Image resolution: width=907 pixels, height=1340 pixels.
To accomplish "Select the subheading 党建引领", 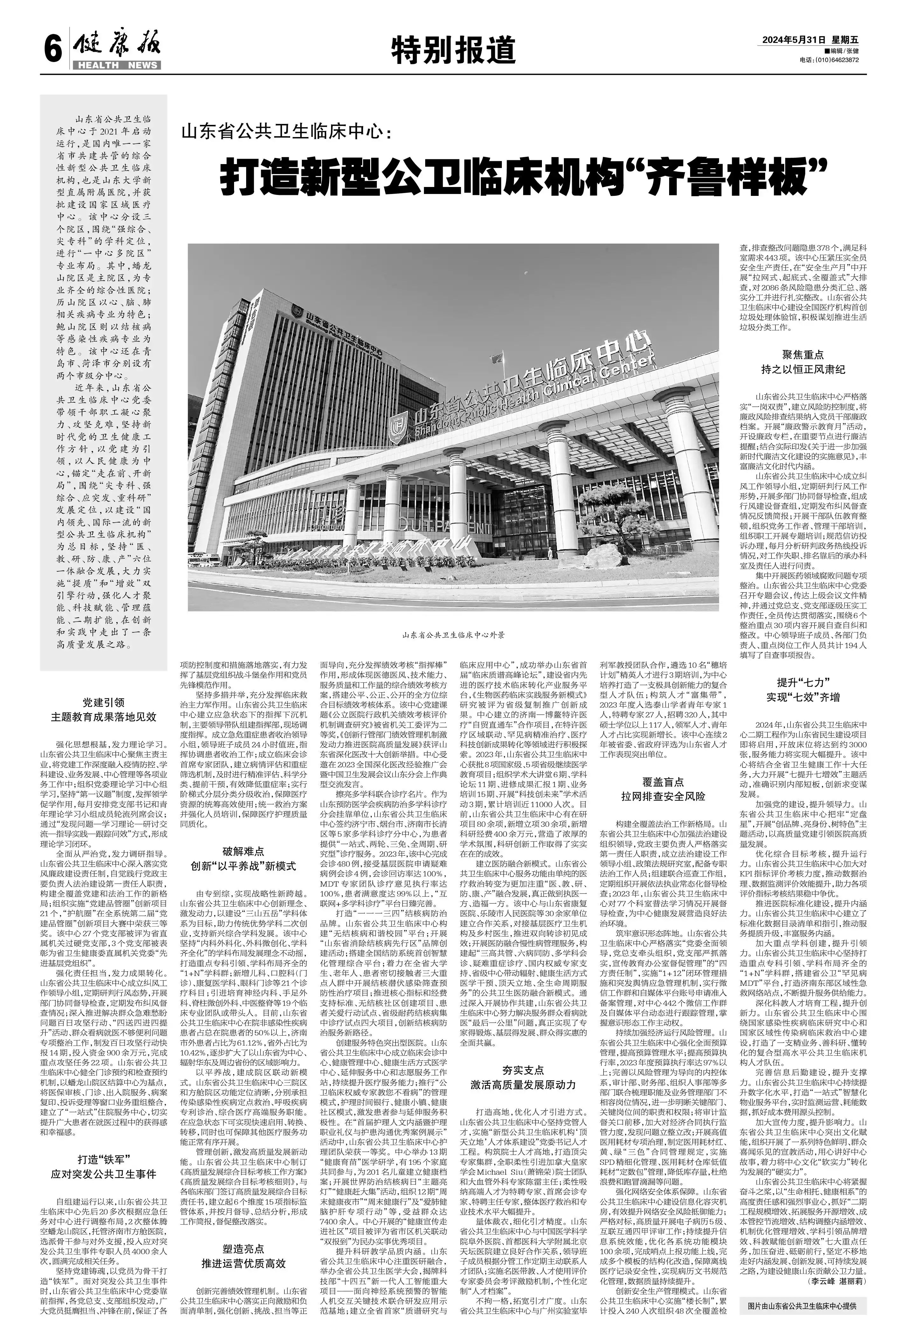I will pos(103,702).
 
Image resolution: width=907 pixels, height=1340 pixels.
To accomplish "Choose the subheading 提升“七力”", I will pos(803,682).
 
